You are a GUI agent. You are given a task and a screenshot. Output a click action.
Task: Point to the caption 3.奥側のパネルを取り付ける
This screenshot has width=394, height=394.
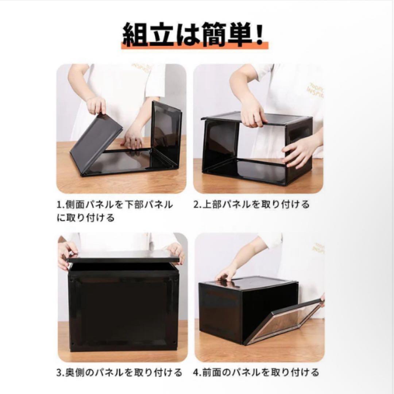click(x=119, y=372)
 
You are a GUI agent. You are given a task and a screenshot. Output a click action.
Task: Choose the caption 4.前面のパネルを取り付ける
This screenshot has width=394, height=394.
click(x=256, y=372)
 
